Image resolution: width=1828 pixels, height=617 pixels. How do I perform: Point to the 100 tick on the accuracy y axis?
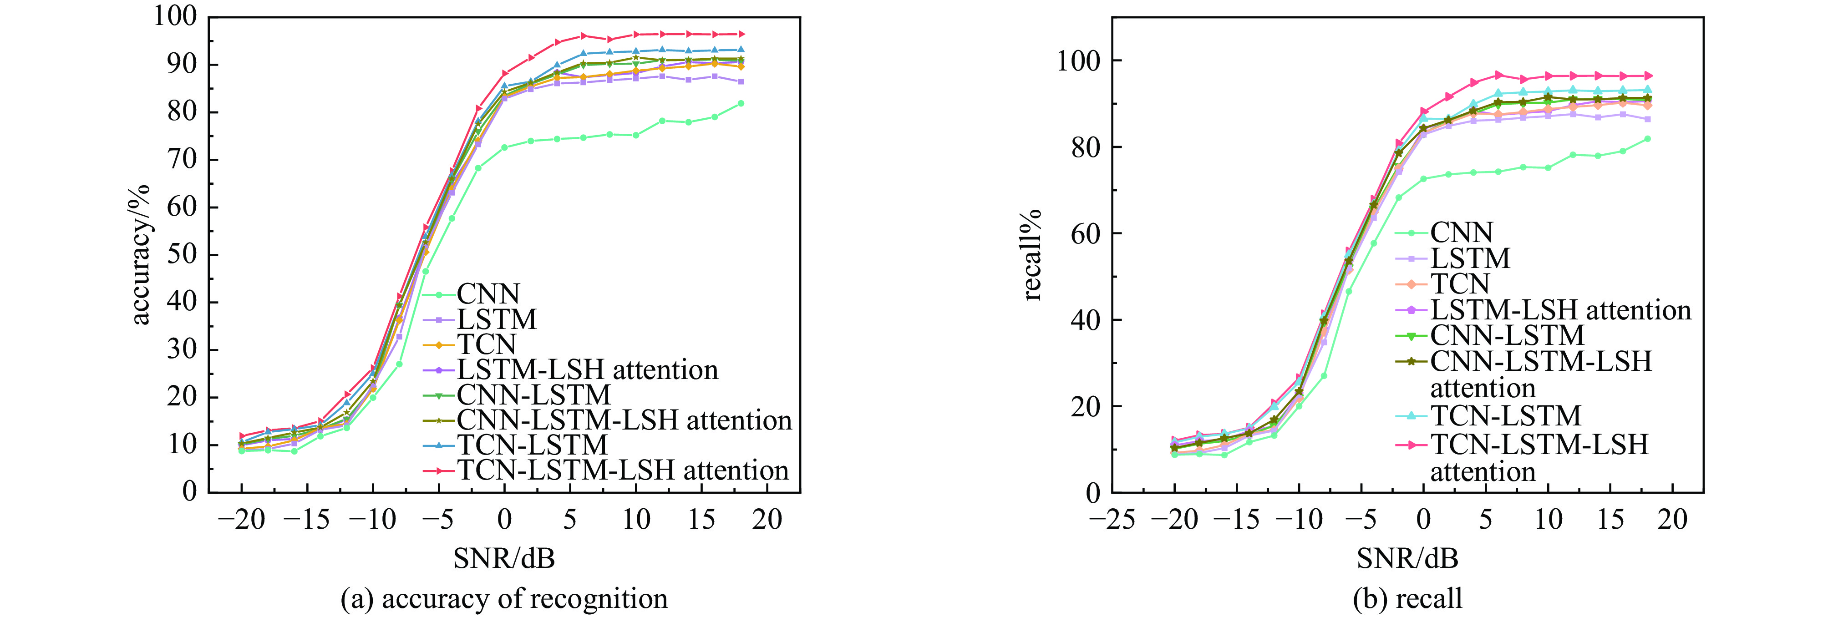pos(175,15)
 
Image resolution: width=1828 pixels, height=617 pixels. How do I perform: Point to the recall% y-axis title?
pos(1032,255)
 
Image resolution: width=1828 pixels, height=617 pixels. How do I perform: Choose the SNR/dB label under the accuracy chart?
pos(504,558)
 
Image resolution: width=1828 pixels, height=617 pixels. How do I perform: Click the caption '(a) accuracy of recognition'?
pos(504,598)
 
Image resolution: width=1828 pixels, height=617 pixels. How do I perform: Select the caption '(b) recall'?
pos(1407,598)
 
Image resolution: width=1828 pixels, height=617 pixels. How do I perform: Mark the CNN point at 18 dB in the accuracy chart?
pos(741,104)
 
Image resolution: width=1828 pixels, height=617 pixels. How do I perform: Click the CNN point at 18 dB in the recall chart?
pos(1647,139)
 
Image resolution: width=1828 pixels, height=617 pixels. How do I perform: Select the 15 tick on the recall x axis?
pos(1610,519)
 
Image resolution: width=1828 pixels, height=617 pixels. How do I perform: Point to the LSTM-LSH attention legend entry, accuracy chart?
pos(588,369)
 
